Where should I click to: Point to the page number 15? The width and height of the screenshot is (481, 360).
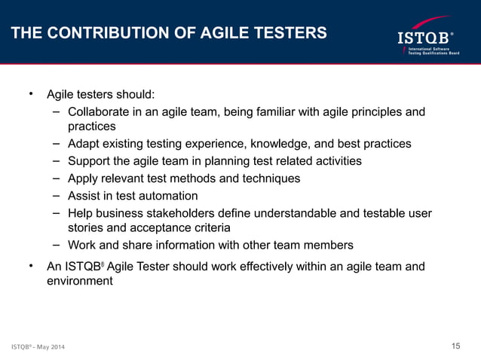click(x=455, y=346)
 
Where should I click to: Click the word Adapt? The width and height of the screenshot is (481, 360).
click(x=84, y=143)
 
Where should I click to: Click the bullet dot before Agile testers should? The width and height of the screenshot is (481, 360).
click(x=31, y=94)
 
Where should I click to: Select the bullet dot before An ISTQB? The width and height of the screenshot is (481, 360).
click(x=31, y=266)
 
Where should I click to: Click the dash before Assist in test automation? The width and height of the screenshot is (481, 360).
click(x=57, y=196)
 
